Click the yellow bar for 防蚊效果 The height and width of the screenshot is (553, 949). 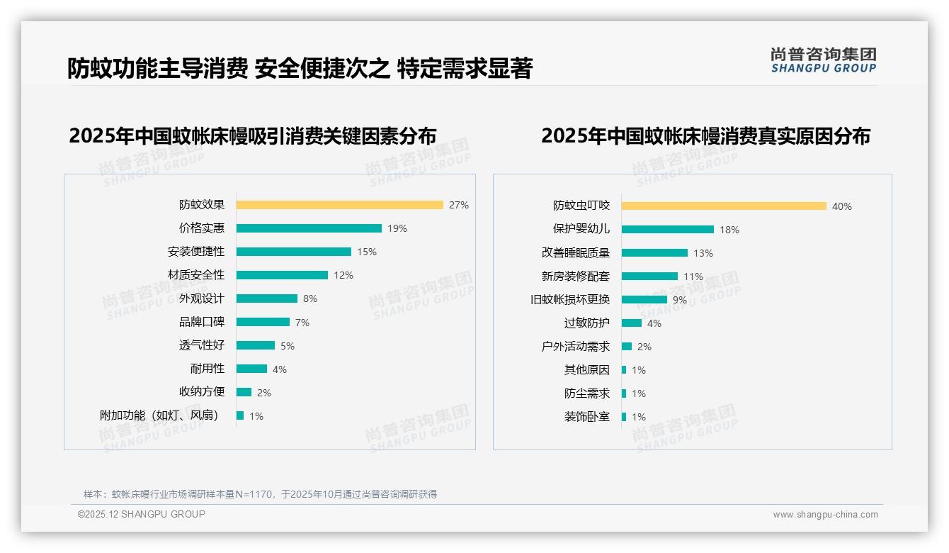339,205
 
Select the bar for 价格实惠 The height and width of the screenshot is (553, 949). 309,228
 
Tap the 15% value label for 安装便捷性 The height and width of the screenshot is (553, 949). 367,252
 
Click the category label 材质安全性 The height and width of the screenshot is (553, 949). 196,275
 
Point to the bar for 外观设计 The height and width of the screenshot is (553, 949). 266,298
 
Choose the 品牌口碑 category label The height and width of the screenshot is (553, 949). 202,322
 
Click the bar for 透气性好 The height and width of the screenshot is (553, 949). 255,345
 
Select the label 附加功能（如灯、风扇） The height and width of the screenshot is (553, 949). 159,415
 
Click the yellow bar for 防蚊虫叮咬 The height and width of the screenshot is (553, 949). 724,206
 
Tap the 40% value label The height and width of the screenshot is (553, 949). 842,206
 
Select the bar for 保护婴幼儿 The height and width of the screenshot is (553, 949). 667,229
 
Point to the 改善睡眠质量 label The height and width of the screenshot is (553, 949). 576,252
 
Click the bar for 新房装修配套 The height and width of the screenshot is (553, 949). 649,276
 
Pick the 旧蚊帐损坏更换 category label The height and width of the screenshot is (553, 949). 570,299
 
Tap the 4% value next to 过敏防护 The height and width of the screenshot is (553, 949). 654,323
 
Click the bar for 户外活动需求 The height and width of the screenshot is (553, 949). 627,346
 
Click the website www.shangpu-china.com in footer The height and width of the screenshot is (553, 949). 825,515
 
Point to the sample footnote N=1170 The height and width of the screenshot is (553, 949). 260,494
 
